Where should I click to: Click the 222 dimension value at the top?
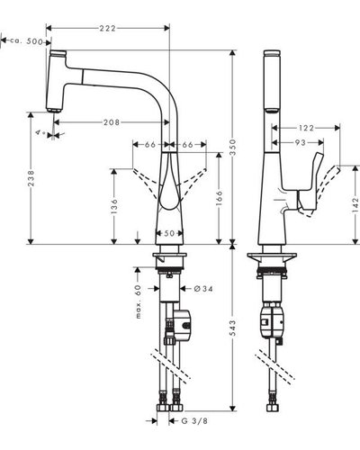tap(108, 28)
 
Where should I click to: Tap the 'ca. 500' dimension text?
tap(26, 41)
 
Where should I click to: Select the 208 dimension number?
tap(112, 122)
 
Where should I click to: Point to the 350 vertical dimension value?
tap(232, 147)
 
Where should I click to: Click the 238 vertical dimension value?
tap(31, 178)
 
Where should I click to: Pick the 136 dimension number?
tap(114, 206)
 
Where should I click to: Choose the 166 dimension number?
tap(220, 198)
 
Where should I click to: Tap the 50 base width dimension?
tap(169, 233)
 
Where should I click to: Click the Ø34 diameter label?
tap(203, 289)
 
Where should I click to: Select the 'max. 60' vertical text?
tap(138, 301)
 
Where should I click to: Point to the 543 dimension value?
tap(232, 328)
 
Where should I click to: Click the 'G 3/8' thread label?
tap(194, 421)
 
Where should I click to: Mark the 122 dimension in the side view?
tap(306, 128)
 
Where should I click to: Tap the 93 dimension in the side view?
tap(300, 143)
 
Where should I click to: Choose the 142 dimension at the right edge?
tap(355, 204)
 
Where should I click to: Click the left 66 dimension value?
tap(150, 145)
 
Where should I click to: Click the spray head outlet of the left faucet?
tap(54, 110)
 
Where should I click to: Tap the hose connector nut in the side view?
tap(273, 408)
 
